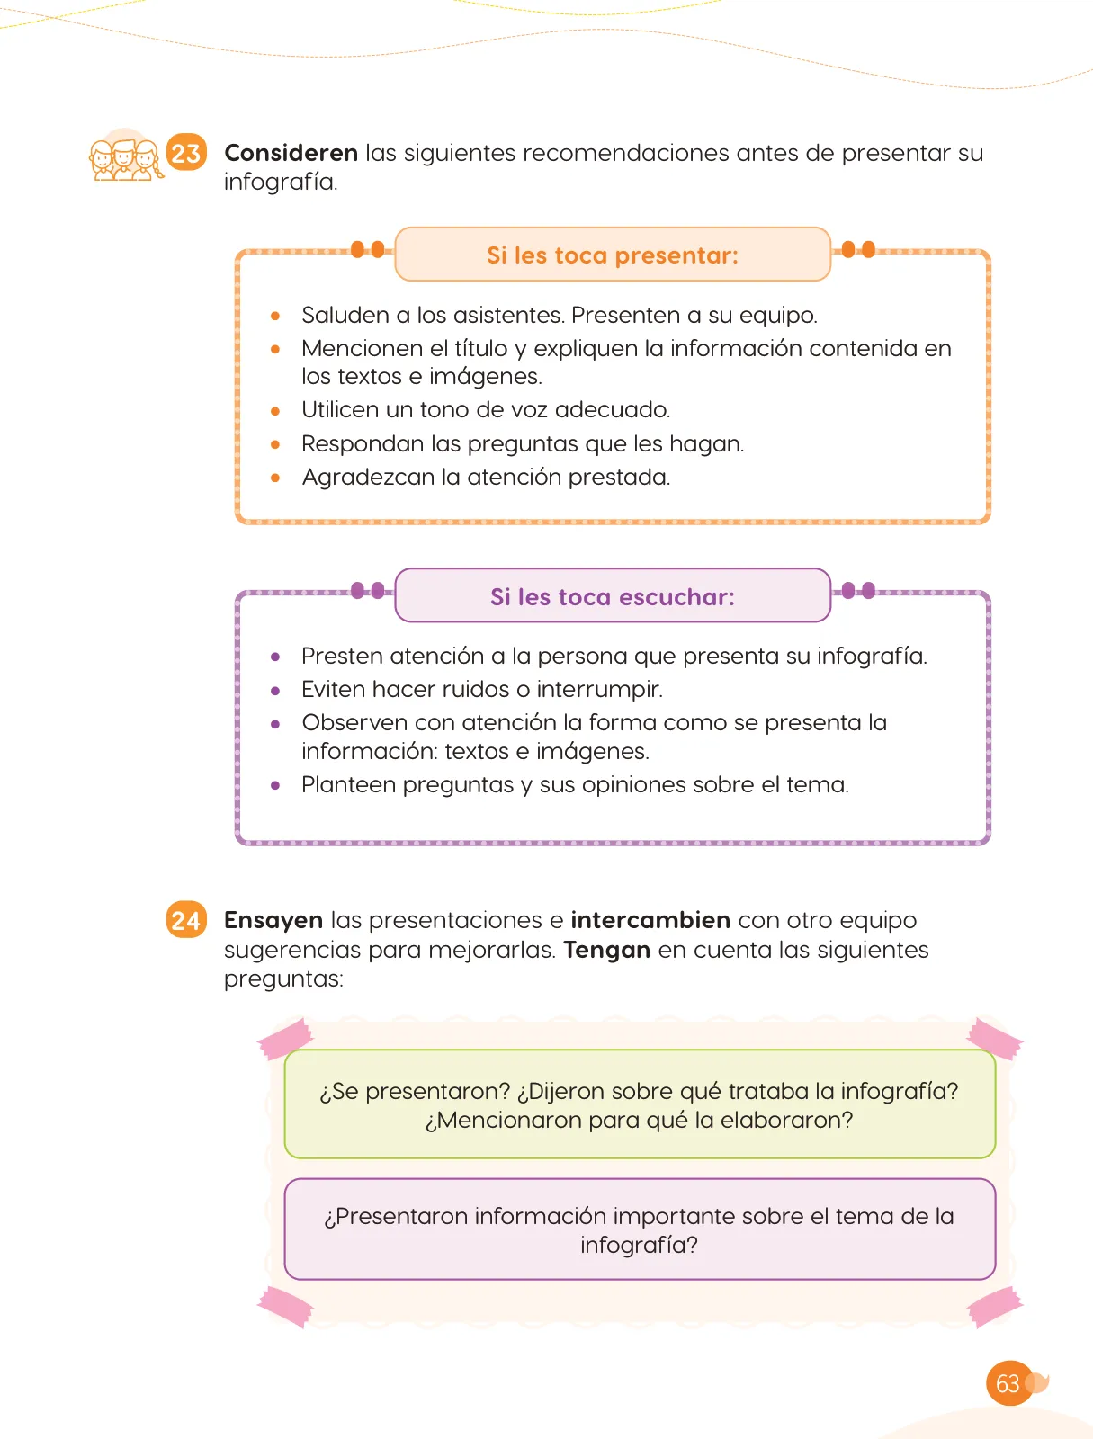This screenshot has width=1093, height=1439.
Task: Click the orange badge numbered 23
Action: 186,152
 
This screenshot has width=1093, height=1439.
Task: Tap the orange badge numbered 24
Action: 186,919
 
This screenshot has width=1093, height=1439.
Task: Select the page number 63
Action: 1008,1382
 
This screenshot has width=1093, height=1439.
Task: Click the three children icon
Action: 126,158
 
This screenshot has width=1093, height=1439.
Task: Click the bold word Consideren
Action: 291,153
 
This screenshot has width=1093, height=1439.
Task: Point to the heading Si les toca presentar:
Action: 613,255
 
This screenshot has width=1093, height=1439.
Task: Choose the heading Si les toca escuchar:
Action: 613,596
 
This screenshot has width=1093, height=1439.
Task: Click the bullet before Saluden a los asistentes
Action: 275,316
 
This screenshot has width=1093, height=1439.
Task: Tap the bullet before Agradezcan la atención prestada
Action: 275,478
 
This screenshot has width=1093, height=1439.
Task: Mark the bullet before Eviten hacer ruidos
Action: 275,691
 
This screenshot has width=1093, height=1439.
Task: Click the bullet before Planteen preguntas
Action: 275,785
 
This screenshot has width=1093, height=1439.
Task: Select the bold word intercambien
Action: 650,920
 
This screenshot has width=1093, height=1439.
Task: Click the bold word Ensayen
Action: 273,921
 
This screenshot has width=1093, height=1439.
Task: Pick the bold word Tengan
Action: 606,950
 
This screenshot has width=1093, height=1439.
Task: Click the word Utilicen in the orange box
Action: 340,409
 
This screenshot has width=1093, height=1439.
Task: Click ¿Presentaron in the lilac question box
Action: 395,1216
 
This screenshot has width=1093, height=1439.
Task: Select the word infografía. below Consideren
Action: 281,183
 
